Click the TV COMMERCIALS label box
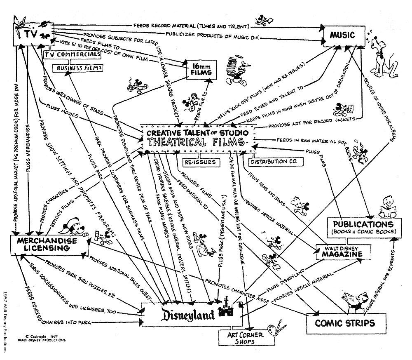(72, 55)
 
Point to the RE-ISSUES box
(200, 162)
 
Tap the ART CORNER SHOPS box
(238, 338)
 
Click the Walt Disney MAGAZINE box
(342, 252)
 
